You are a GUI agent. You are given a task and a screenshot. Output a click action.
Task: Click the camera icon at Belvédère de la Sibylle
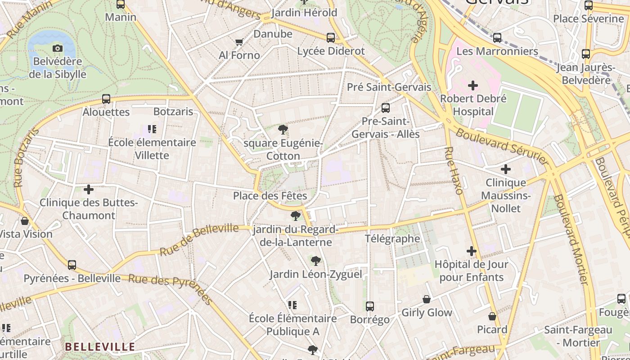point(58,48)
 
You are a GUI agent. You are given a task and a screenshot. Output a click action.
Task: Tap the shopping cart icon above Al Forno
point(239,42)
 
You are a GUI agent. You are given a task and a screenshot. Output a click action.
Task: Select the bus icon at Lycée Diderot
point(331,38)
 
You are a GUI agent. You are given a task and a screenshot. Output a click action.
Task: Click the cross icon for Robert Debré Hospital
point(473,85)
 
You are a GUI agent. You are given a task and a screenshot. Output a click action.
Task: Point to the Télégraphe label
point(392,238)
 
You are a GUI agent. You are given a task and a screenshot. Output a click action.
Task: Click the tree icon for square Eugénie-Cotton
point(283,130)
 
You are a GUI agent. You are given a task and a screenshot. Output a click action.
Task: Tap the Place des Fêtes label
point(270,196)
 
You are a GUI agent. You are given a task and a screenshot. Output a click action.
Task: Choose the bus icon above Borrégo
point(370,306)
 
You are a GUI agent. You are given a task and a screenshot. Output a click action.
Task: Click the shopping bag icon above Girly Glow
point(427,299)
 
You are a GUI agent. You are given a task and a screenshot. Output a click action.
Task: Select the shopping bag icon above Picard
point(492,316)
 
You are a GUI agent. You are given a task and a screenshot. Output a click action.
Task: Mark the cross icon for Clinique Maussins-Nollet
point(506,169)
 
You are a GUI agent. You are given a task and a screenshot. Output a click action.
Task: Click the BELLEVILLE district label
point(100,346)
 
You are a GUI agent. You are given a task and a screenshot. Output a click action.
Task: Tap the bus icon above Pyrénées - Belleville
point(72,265)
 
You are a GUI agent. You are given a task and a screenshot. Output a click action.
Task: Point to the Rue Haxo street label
point(454,171)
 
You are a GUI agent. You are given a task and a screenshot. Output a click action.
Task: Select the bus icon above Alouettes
point(106,99)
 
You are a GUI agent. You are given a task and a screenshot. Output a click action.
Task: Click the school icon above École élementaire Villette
point(152,129)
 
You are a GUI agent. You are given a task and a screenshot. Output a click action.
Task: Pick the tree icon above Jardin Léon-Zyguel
point(316,261)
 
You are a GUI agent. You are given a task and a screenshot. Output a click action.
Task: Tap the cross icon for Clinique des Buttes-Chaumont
point(89,189)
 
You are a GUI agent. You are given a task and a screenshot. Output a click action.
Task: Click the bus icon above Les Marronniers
point(497,38)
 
